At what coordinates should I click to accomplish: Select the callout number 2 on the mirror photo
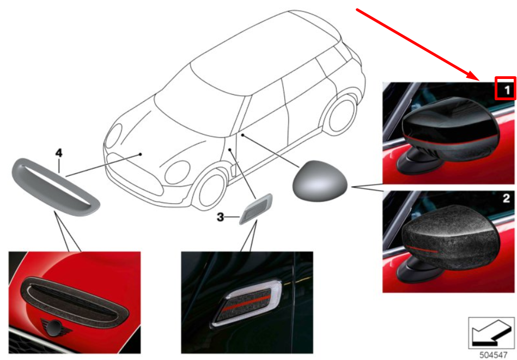coord(507,198)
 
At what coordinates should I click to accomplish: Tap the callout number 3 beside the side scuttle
coord(220,217)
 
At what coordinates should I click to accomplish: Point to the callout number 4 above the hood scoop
coord(59,153)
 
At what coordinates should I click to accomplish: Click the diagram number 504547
coord(493,355)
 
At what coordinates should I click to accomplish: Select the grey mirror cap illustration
coord(320,181)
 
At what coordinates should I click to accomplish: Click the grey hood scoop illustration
coord(56,186)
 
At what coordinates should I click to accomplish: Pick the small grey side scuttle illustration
coord(256,209)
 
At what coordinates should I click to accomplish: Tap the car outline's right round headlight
coord(178,172)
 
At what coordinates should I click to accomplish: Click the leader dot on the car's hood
coord(140,154)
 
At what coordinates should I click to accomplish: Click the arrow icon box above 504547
coord(491,333)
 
